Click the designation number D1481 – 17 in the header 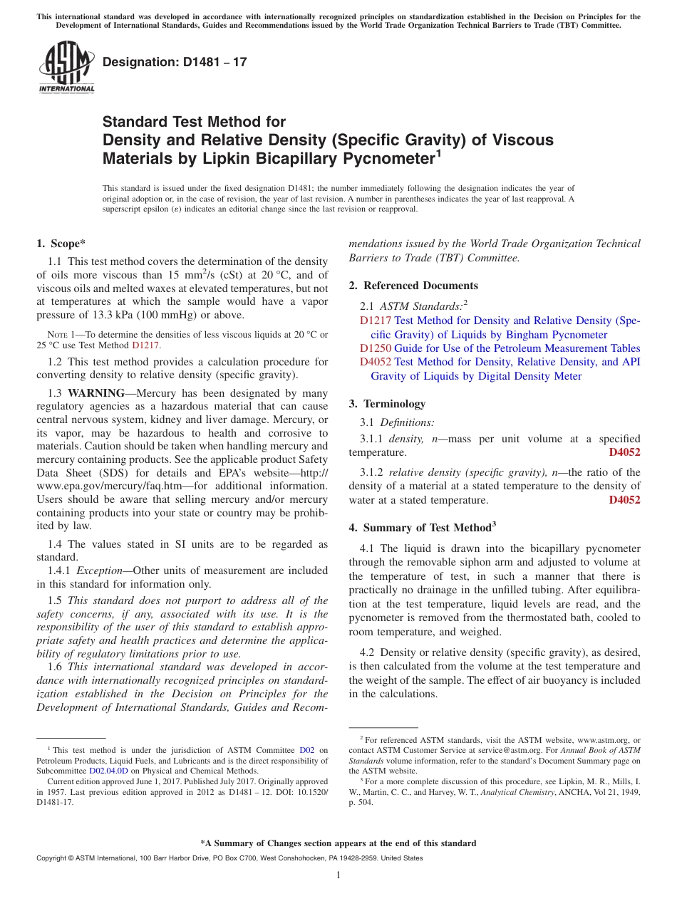tap(175, 62)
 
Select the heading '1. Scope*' tap(61, 244)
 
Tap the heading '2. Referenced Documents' tap(413, 286)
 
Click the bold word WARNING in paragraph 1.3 tap(98, 393)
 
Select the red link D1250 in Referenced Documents tap(376, 348)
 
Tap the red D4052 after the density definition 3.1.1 tap(624, 452)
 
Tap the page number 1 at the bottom tap(338, 875)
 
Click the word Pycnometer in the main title tap(389, 157)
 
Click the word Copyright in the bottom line tap(53, 858)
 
